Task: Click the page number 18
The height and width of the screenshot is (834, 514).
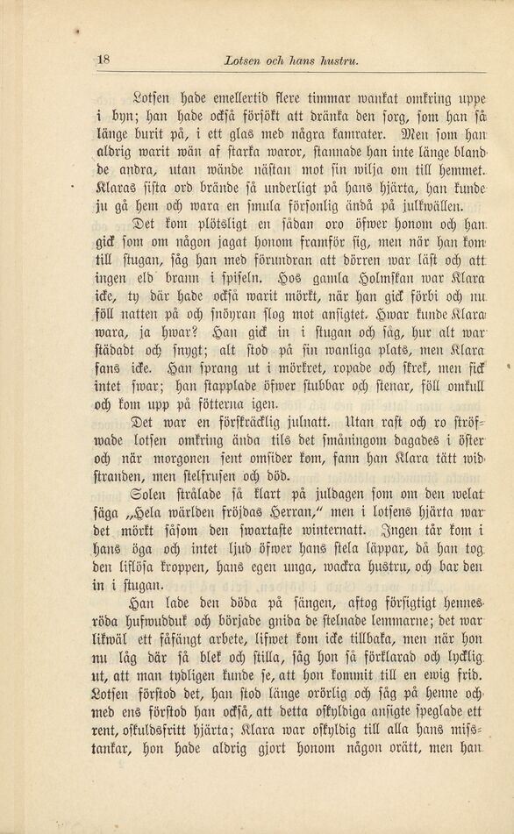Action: coord(103,60)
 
